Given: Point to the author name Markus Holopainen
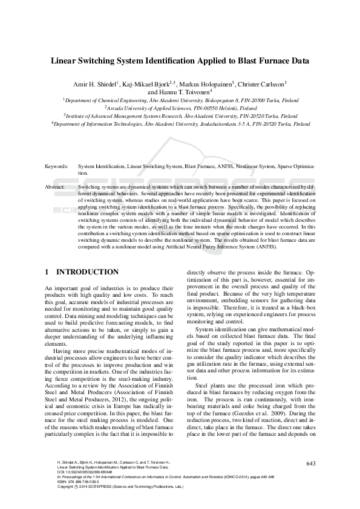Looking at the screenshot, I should pyautogui.click(x=207, y=84).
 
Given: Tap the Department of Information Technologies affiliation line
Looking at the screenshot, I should pyautogui.click(x=180, y=123).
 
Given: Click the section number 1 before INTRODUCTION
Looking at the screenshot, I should pyautogui.click(x=47, y=272).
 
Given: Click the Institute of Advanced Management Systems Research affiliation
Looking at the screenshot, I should pyautogui.click(x=180, y=115).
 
